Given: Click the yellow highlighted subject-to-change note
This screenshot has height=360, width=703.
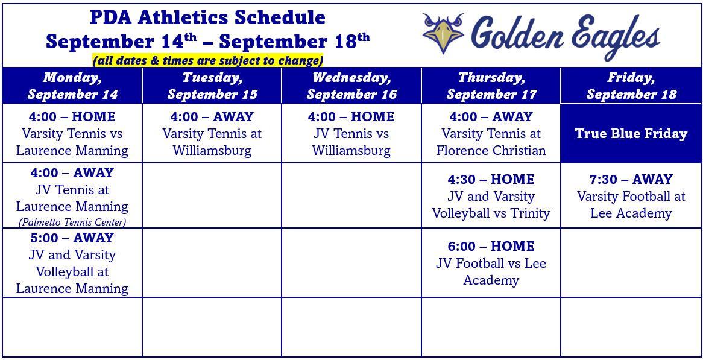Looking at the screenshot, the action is (207, 60).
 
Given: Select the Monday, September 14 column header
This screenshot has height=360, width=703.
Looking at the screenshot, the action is (72, 86).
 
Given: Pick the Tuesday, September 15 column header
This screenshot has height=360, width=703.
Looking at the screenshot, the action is (212, 86).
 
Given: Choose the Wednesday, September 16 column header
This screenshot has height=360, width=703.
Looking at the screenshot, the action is (351, 86).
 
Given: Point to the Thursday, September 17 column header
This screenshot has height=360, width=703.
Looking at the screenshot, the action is (491, 86).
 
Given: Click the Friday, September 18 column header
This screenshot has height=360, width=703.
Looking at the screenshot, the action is (631, 86).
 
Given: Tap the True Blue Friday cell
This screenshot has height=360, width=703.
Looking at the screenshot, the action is (631, 133).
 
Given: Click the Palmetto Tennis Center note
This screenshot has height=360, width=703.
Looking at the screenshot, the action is (72, 222).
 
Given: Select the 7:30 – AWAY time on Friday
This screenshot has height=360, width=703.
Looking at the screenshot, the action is (631, 179).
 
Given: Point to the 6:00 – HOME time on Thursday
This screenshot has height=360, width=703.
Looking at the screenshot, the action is (491, 246).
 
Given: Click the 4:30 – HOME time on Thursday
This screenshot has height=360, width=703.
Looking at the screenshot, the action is (491, 179).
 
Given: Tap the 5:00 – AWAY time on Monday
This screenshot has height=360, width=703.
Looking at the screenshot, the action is (72, 238).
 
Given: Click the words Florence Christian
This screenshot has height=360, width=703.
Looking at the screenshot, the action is (491, 150).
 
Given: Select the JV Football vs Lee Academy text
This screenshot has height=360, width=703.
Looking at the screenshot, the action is (491, 271).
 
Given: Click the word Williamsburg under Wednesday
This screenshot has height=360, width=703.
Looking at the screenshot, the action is (351, 150).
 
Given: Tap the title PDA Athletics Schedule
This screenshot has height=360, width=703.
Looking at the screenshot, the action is (207, 18).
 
